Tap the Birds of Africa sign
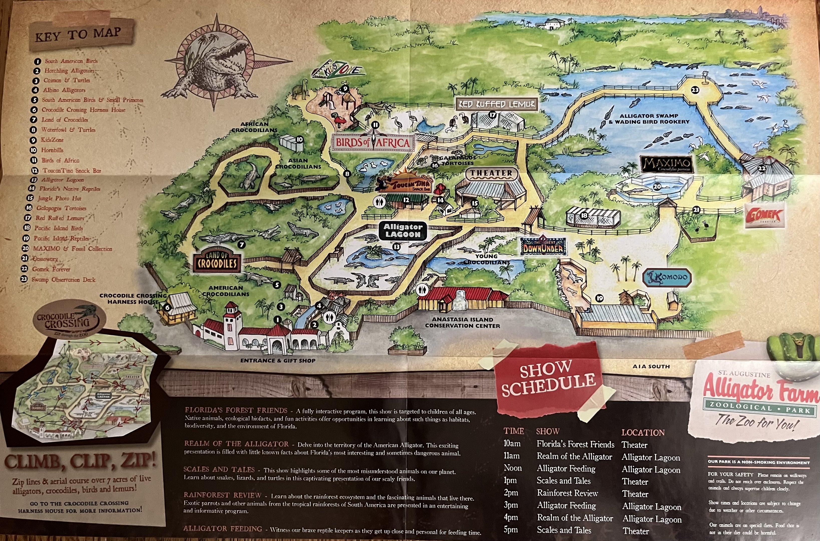pos(372,143)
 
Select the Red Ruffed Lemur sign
pos(497,104)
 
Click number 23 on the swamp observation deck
pos(695,90)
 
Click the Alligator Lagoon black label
pos(403,230)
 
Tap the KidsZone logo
pos(340,70)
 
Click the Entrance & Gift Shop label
pos(278,361)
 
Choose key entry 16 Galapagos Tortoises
pos(61,208)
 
